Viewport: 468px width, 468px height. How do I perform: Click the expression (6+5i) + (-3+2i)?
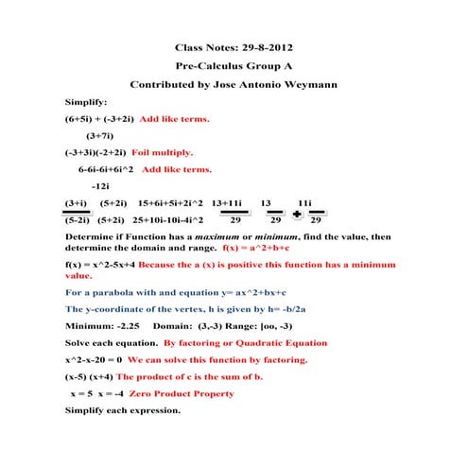(x=99, y=120)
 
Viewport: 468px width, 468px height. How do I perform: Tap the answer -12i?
(x=100, y=185)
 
